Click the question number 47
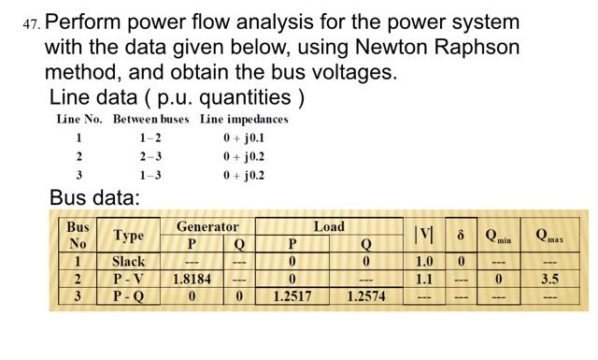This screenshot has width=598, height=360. [x=30, y=22]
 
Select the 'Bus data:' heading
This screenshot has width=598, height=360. [x=94, y=197]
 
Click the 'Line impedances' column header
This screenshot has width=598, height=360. [x=244, y=119]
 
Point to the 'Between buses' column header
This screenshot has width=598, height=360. [x=150, y=119]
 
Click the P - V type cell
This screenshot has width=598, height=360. [x=128, y=279]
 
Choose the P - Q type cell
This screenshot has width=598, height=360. [x=128, y=295]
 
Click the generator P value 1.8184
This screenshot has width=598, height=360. [x=192, y=279]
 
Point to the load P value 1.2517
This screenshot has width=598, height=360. [x=292, y=296]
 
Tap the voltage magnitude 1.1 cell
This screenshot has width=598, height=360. [x=424, y=279]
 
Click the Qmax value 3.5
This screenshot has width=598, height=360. [x=549, y=279]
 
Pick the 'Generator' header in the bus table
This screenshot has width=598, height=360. [x=207, y=226]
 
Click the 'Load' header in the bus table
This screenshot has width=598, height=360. [x=329, y=226]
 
